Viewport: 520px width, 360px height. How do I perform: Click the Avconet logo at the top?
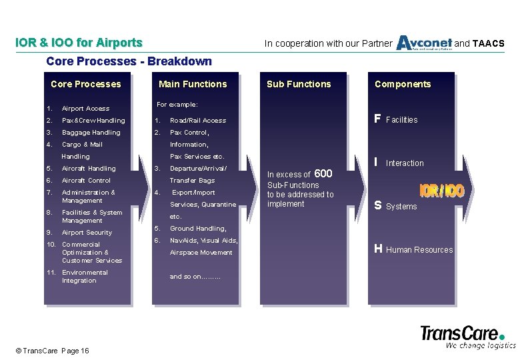(x=424, y=43)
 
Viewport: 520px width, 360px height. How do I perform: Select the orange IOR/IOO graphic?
(x=441, y=191)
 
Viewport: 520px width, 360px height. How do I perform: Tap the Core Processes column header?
(x=86, y=84)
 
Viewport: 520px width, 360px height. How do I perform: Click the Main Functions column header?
(x=193, y=84)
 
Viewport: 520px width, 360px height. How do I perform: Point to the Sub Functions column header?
(x=299, y=84)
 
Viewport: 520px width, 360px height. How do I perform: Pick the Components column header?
(x=403, y=84)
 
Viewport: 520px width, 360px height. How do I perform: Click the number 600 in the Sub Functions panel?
(x=323, y=173)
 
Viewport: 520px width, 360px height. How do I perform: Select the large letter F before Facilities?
(x=377, y=119)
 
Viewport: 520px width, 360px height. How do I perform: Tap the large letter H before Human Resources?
(x=378, y=249)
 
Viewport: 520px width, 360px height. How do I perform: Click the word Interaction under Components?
(x=405, y=163)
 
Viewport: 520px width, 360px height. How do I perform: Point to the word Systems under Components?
(x=401, y=207)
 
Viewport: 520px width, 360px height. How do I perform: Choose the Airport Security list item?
(x=87, y=233)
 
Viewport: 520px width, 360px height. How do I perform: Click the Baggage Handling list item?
(x=91, y=133)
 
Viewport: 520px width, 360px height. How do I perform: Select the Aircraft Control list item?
(x=86, y=181)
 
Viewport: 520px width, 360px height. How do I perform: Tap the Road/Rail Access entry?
(x=198, y=121)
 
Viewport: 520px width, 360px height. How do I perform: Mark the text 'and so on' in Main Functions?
(x=195, y=277)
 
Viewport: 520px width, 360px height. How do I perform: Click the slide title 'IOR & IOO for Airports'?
(x=79, y=43)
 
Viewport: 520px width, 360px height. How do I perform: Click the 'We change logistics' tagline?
(x=480, y=345)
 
